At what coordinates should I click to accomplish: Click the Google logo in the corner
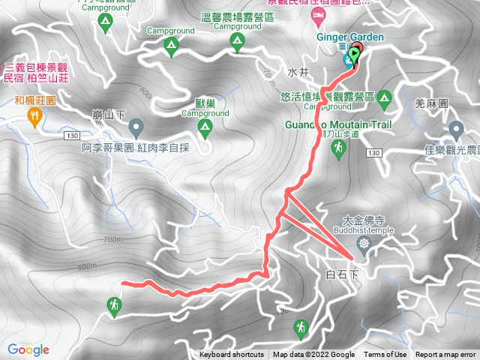point(28,349)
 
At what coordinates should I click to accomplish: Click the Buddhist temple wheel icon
point(364,243)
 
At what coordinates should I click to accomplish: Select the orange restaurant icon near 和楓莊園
point(34,115)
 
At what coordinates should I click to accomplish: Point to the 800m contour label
point(86,265)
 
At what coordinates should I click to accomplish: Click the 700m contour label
point(113,240)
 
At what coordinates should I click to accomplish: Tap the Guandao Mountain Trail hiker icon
point(339,150)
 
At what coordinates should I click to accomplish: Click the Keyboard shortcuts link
point(232,355)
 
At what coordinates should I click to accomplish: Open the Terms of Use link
point(385,355)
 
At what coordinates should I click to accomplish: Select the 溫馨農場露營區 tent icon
point(238,41)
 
